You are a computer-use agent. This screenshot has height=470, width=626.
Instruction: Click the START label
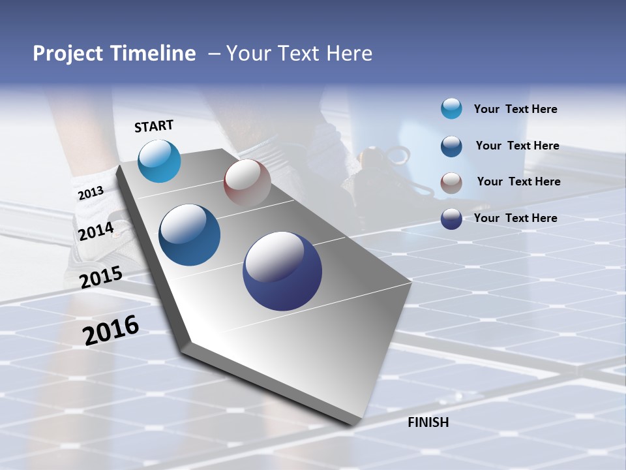(x=154, y=126)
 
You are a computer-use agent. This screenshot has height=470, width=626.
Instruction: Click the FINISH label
(x=428, y=422)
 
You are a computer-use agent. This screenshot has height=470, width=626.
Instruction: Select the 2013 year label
(x=91, y=193)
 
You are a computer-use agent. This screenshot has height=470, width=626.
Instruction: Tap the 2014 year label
(x=97, y=232)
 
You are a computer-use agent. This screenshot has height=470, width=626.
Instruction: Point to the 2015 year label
(x=101, y=277)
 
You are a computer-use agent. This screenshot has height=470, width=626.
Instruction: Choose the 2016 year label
(x=111, y=330)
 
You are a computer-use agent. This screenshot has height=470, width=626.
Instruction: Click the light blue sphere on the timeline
(x=159, y=161)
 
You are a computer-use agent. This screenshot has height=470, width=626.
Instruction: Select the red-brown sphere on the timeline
(x=247, y=182)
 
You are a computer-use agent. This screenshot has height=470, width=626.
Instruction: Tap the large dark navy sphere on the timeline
(x=282, y=271)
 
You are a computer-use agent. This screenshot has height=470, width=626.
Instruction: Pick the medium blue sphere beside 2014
(x=190, y=235)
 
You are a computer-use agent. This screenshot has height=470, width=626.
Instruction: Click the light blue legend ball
(x=451, y=108)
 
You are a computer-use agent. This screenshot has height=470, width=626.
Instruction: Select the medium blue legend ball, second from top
(x=451, y=146)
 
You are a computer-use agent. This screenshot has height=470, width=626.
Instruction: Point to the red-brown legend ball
(x=451, y=183)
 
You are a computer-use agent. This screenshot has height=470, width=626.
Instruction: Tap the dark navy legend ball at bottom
(x=451, y=219)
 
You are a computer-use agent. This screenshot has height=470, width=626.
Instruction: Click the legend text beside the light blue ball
(x=515, y=109)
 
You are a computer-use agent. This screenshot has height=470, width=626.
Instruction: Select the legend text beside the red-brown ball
(x=518, y=181)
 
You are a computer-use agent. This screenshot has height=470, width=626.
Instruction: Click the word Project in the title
(x=68, y=54)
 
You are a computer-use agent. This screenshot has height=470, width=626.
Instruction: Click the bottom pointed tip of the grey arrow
(x=353, y=424)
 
